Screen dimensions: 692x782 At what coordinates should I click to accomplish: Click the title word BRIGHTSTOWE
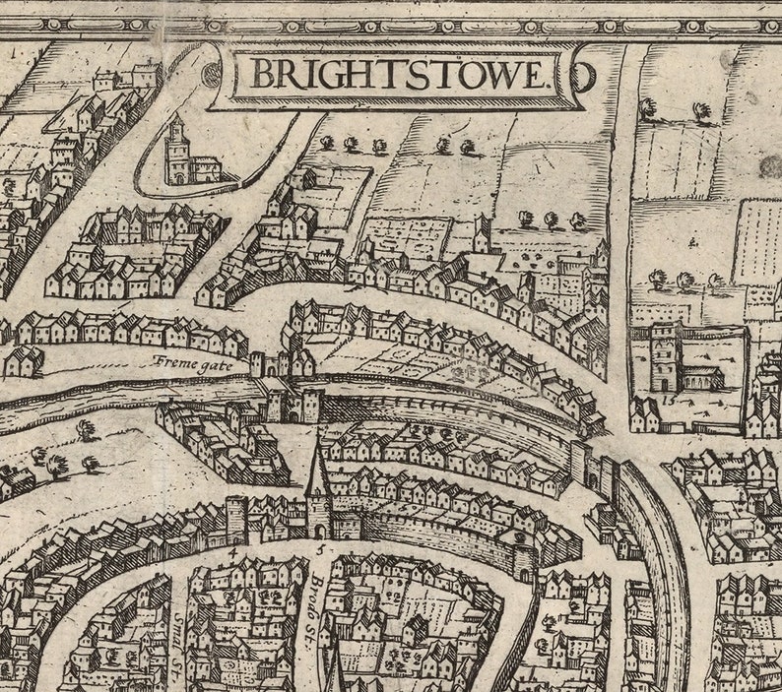pyautogui.click(x=398, y=75)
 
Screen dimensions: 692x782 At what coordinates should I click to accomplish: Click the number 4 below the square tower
pyautogui.click(x=232, y=552)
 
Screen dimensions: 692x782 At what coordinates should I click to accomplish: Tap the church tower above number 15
pyautogui.click(x=665, y=354)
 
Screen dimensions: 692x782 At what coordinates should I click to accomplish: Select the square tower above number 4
pyautogui.click(x=236, y=519)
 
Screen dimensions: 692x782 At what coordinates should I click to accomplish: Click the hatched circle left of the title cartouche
pyautogui.click(x=210, y=74)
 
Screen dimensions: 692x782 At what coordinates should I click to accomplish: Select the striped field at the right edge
pyautogui.click(x=758, y=241)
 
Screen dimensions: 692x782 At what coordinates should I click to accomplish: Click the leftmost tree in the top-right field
pyautogui.click(x=647, y=107)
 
